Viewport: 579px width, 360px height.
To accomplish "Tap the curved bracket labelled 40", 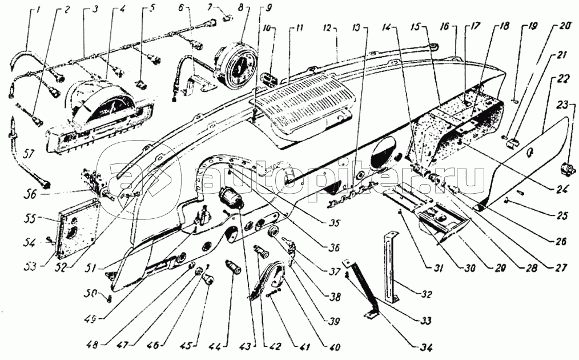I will click(x=274, y=279).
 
